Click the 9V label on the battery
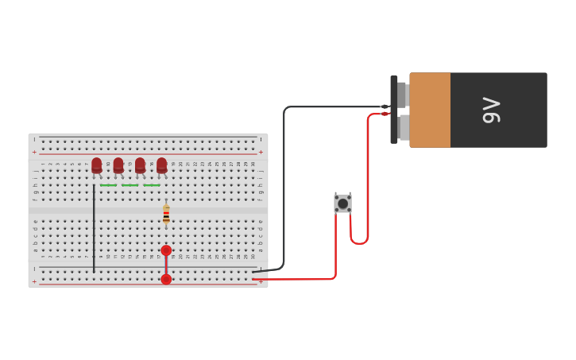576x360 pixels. click(x=492, y=110)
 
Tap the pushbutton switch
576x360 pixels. click(x=342, y=203)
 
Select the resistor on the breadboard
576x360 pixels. click(x=166, y=215)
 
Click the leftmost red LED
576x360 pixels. click(x=97, y=165)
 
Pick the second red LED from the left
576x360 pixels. click(x=118, y=165)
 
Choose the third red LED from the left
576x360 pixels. click(x=140, y=165)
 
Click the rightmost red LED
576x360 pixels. click(x=162, y=165)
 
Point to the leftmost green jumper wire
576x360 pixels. click(x=108, y=185)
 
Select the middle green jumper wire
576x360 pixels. click(x=130, y=185)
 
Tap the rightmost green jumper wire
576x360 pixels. click(x=151, y=185)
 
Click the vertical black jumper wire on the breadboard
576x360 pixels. click(x=94, y=230)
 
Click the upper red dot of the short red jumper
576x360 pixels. click(x=166, y=250)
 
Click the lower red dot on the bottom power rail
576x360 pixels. click(x=166, y=279)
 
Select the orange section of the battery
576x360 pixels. click(x=430, y=110)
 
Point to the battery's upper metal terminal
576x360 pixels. click(x=402, y=95)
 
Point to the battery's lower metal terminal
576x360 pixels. click(x=404, y=127)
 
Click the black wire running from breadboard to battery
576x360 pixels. click(x=284, y=191)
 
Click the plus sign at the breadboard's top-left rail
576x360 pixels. click(x=34, y=151)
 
